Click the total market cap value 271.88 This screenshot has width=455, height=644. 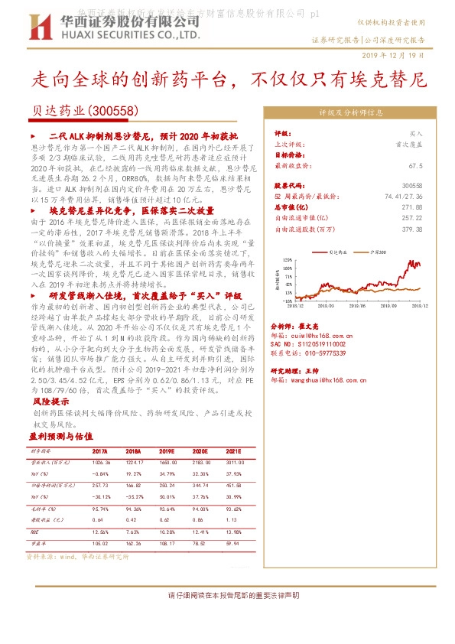(x=412, y=207)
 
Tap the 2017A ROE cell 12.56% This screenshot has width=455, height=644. (x=101, y=532)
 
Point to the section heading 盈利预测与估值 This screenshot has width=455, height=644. (x=61, y=435)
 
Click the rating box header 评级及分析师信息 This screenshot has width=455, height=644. (x=351, y=112)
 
